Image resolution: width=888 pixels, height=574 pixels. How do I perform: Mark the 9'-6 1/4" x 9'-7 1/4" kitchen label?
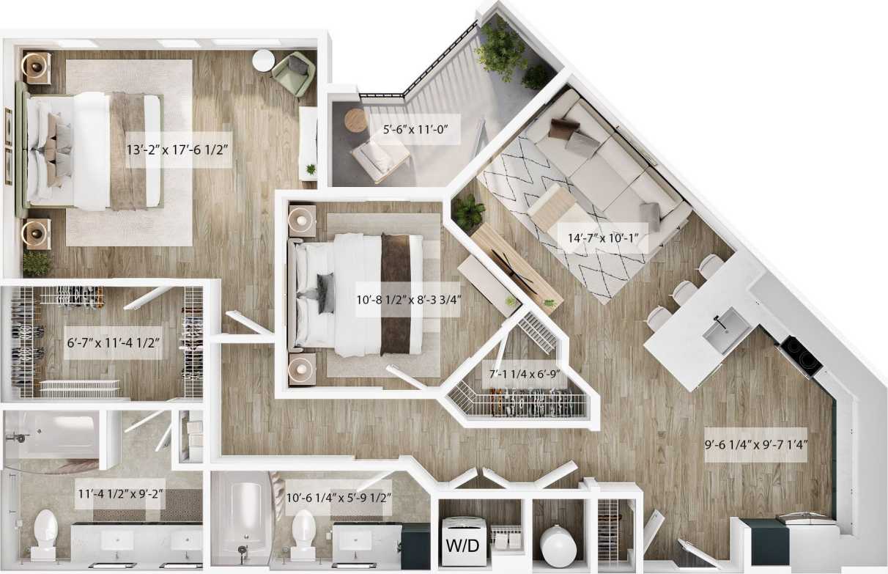pos(756,446)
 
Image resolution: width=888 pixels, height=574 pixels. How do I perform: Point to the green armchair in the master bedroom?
pos(294,73)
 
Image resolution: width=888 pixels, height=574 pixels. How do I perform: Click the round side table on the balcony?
pos(356,119)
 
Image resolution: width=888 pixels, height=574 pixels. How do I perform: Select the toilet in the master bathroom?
pos(46,531)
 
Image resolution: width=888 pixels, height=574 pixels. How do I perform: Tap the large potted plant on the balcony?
pos(501,49)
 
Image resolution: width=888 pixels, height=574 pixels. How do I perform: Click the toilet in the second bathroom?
pos(303,531)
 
